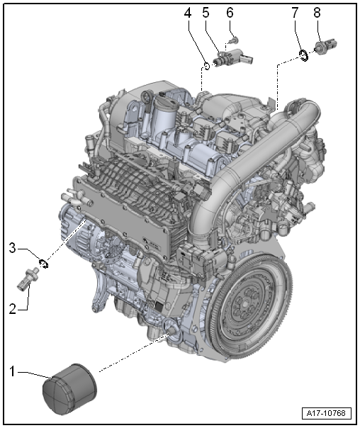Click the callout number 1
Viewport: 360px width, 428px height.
[x=11, y=370]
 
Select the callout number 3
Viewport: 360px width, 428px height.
[x=11, y=247]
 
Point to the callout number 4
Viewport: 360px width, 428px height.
[x=189, y=13]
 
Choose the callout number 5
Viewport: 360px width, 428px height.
[x=206, y=13]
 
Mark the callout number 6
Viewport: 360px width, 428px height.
[x=230, y=13]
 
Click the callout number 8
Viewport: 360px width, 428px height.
[x=316, y=13]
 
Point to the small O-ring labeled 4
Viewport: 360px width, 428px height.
[x=206, y=67]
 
